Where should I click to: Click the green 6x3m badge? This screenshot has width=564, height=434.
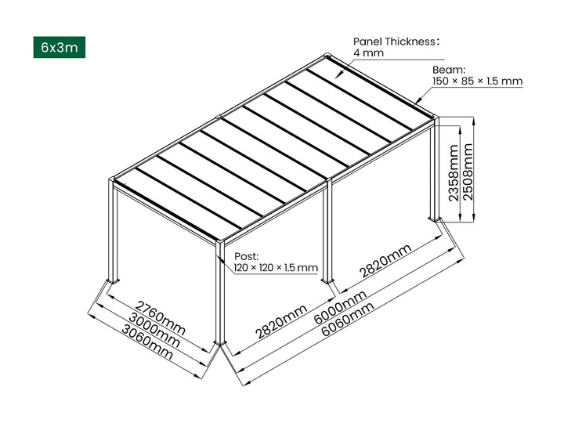(60, 47)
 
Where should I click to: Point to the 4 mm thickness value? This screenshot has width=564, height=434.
(367, 52)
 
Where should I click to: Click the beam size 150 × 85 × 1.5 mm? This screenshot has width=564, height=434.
(477, 81)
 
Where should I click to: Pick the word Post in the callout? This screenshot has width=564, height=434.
(246, 256)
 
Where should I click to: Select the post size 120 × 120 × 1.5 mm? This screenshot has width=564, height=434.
(276, 268)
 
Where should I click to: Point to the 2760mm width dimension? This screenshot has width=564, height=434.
(161, 313)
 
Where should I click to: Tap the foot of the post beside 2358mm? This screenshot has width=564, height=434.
(433, 218)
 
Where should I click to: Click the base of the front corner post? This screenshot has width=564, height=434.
(220, 345)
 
